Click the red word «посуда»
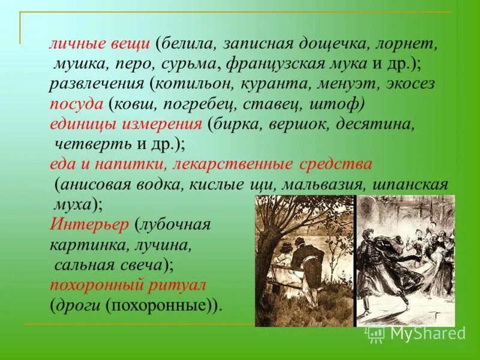(x=76, y=104)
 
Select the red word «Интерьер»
(x=89, y=224)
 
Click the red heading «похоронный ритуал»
(x=128, y=284)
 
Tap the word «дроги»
(x=79, y=304)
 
